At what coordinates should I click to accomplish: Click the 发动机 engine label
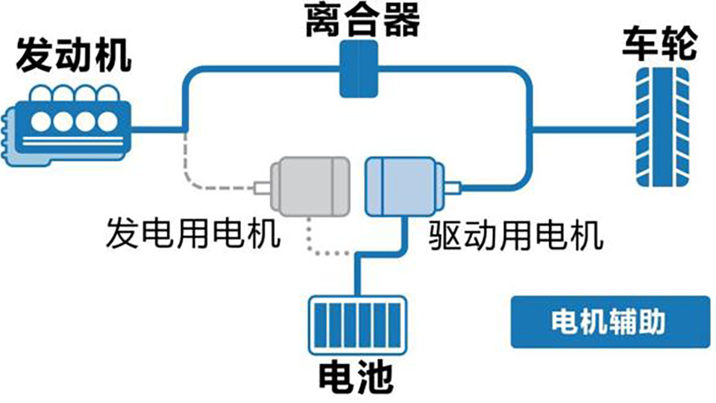click(74, 56)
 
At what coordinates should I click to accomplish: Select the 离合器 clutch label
click(362, 20)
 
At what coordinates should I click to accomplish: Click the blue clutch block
click(359, 69)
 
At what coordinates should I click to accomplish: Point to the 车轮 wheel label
click(660, 44)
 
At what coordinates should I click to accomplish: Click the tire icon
click(662, 127)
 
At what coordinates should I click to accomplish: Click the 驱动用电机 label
click(516, 235)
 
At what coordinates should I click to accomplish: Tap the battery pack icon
click(357, 326)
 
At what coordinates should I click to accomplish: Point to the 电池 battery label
click(356, 378)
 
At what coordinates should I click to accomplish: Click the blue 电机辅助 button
click(610, 322)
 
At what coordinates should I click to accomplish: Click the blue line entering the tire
click(585, 130)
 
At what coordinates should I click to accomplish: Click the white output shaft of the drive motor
click(453, 188)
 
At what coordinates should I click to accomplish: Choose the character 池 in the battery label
click(374, 378)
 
